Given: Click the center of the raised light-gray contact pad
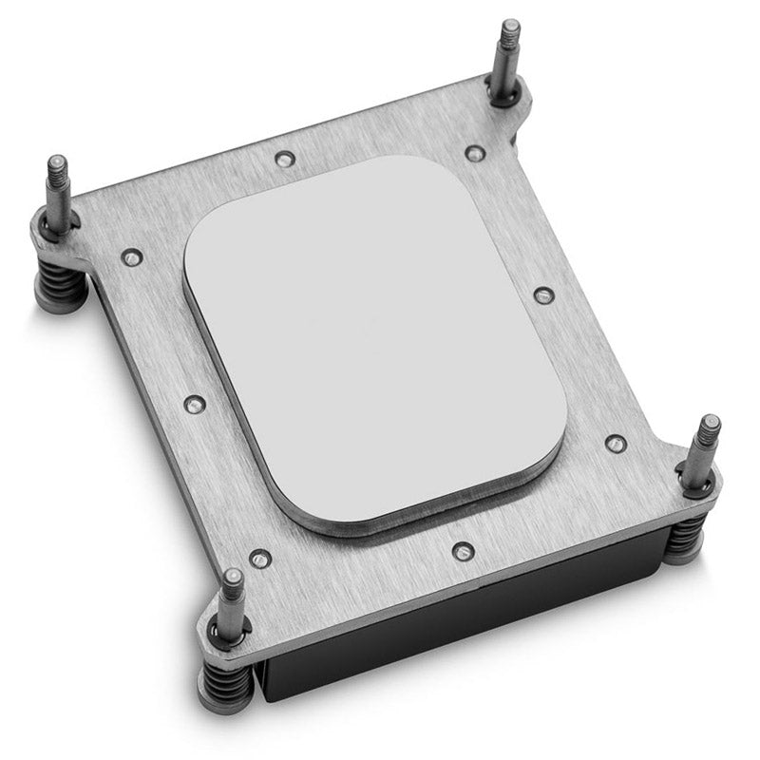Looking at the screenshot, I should [374, 338].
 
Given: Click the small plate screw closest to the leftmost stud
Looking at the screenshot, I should [130, 256].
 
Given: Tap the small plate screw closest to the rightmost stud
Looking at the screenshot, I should [616, 443].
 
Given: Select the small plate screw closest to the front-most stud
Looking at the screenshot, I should [255, 558].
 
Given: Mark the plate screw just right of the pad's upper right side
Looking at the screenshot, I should [541, 295].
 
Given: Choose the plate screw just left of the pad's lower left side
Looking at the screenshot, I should [193, 403].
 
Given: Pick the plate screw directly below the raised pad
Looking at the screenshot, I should [462, 550].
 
